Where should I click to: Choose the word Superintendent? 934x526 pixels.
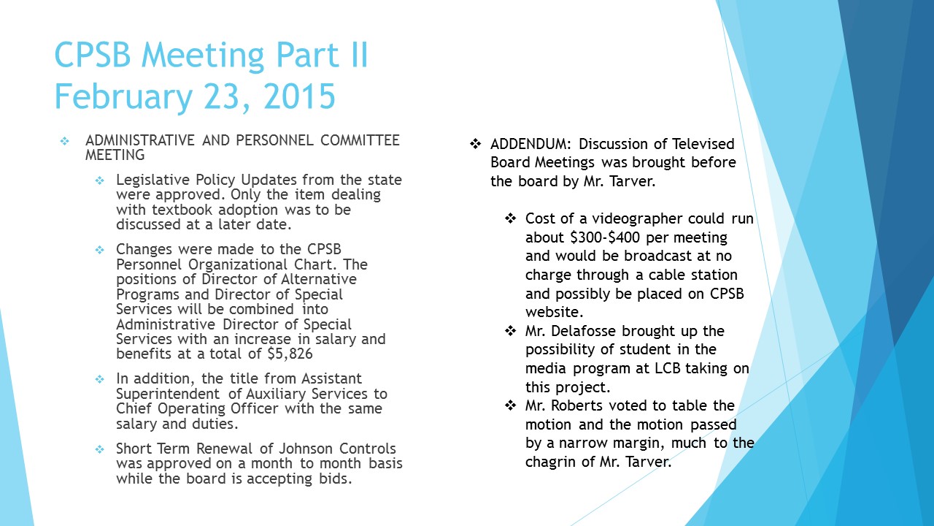(x=169, y=394)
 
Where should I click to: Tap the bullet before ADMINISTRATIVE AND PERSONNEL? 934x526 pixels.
(x=64, y=140)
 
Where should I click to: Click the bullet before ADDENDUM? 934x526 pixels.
(x=475, y=144)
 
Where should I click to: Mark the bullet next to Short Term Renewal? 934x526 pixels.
(x=100, y=449)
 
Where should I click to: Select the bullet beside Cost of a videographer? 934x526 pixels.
(x=511, y=218)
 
